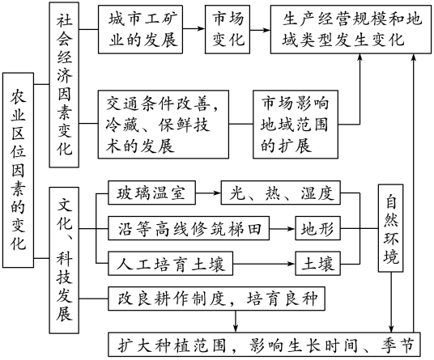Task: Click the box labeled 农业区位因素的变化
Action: pos(19,170)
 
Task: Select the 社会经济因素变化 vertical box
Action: pos(64,85)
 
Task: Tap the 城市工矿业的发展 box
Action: pos(140,29)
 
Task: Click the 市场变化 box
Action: pos(228,29)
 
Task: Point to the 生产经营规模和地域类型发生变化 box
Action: pos(351,29)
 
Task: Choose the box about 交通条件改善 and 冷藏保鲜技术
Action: pos(164,124)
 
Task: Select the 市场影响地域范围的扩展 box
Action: pos(296,124)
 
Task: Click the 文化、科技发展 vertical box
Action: pos(64,260)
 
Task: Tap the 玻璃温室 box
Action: pos(151,193)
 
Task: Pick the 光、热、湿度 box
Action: pos(281,193)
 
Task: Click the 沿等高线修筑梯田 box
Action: pos(189,228)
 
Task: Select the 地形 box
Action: pos(317,228)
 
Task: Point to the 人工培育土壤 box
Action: pos(170,264)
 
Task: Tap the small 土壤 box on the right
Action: pos(317,264)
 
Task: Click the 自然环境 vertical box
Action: pos(391,228)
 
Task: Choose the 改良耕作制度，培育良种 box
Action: pos(216,299)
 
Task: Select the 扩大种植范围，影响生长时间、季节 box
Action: pos(264,345)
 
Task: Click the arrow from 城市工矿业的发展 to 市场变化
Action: pos(194,28)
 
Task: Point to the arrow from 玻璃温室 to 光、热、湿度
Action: pos(208,193)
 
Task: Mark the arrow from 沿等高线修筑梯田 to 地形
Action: pos(282,229)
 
